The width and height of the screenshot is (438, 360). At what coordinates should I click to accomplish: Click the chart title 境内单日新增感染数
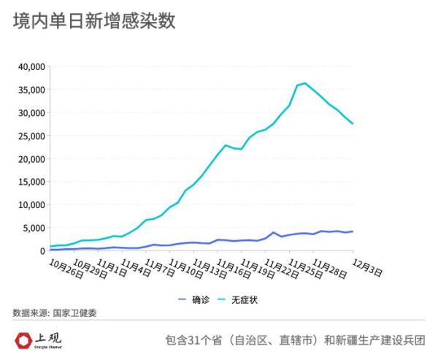click(x=94, y=22)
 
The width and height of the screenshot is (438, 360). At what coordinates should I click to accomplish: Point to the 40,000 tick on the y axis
click(x=31, y=66)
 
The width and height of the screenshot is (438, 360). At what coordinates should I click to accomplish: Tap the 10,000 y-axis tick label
click(x=31, y=205)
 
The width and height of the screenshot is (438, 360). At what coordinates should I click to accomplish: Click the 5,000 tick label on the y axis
click(x=34, y=228)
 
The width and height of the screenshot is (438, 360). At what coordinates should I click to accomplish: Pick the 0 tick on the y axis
click(x=42, y=251)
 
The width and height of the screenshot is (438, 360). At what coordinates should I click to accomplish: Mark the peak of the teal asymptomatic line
click(x=305, y=83)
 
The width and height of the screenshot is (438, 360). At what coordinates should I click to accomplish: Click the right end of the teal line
click(x=353, y=123)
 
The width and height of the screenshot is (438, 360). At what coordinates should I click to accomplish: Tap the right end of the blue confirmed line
click(x=353, y=231)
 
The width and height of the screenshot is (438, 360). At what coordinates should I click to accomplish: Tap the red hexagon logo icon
click(x=24, y=340)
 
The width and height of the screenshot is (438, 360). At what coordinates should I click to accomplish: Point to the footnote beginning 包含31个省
click(x=295, y=340)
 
